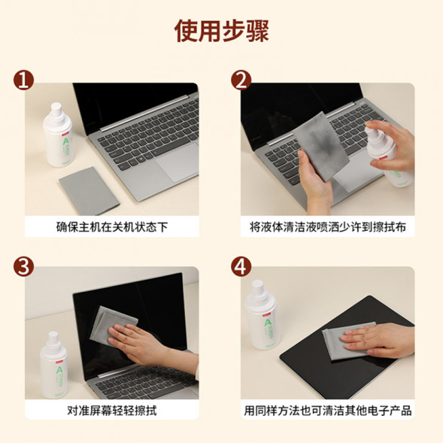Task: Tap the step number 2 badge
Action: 241,80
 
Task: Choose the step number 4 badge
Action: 241,266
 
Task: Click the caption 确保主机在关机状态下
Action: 112,226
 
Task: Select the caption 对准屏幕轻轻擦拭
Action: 112,411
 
